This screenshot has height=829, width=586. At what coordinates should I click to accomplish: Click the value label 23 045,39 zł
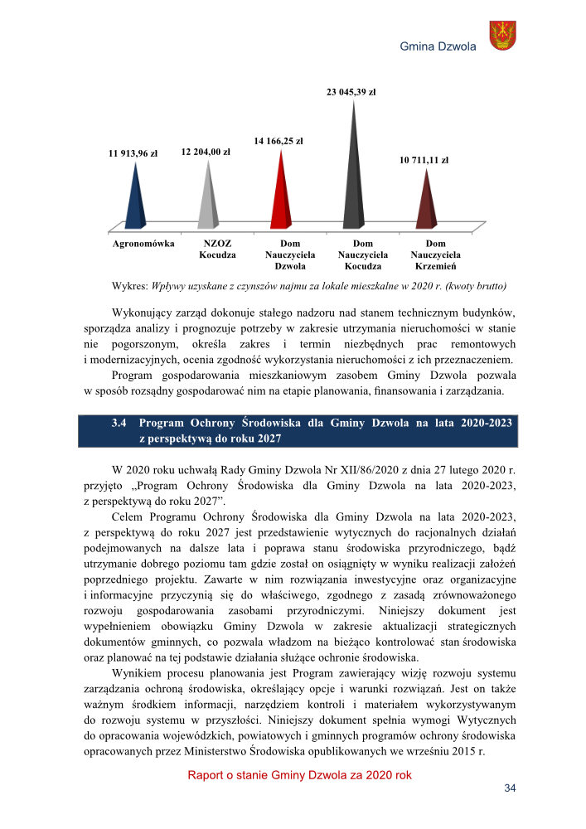(x=352, y=91)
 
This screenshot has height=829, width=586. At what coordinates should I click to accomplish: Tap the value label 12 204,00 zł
(x=205, y=152)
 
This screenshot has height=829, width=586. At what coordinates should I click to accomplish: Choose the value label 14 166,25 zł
(x=278, y=141)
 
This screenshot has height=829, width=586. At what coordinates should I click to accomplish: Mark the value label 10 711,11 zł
(x=424, y=160)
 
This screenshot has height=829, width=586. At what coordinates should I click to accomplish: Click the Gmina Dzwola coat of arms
(x=502, y=36)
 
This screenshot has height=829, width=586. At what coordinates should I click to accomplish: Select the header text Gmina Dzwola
(x=438, y=47)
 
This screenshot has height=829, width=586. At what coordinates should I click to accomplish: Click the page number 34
(x=510, y=788)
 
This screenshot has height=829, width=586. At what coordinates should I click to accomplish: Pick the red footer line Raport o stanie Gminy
(x=299, y=775)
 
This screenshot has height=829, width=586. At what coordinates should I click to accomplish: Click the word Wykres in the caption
(x=129, y=286)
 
